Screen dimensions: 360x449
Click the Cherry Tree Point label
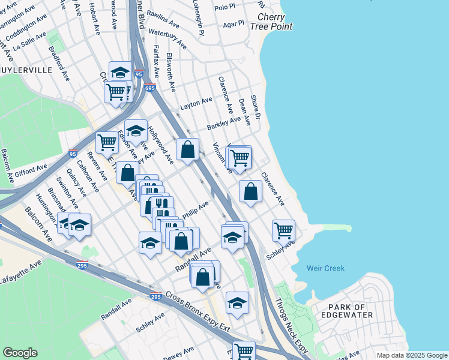(x=274, y=22)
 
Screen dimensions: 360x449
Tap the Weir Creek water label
(x=325, y=268)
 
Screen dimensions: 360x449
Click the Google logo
(x=20, y=353)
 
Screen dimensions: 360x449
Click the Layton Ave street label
(x=196, y=104)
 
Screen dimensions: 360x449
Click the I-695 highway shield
(x=149, y=88)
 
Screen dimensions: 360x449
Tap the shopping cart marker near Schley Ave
(x=283, y=229)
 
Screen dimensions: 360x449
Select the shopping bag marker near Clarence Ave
(x=250, y=191)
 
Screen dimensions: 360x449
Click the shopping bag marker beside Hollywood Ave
(x=187, y=149)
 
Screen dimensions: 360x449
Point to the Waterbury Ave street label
(x=167, y=39)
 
